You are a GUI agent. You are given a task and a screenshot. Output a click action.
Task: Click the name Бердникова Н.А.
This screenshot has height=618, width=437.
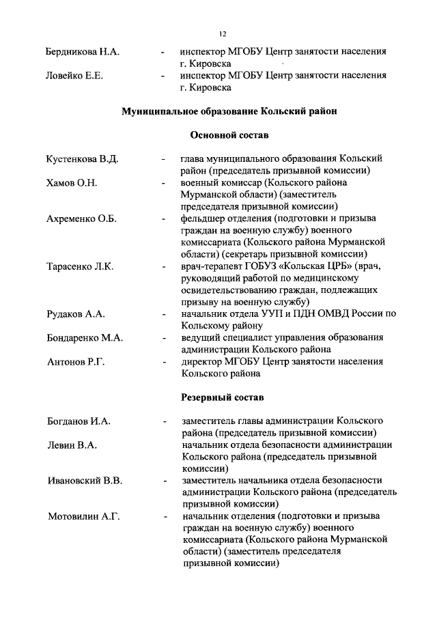[x=83, y=52]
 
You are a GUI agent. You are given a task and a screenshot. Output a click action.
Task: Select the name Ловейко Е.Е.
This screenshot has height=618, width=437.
[x=74, y=76]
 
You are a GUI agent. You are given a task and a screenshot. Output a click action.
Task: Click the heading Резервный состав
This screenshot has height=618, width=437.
[x=221, y=397]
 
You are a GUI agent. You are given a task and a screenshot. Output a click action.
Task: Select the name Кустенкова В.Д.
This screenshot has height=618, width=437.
[x=82, y=159]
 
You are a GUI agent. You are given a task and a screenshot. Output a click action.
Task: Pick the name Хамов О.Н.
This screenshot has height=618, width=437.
[x=71, y=183]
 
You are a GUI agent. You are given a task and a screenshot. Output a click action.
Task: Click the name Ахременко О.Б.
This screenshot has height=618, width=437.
[x=81, y=219]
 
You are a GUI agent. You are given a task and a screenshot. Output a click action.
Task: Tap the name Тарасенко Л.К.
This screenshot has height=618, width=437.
[x=80, y=266]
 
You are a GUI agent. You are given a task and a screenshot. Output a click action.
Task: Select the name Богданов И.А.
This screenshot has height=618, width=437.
[x=78, y=421]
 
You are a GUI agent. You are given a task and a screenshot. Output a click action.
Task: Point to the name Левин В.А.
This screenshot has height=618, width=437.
[x=71, y=445]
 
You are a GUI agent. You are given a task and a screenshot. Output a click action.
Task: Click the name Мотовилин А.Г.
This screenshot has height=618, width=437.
[x=83, y=516]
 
